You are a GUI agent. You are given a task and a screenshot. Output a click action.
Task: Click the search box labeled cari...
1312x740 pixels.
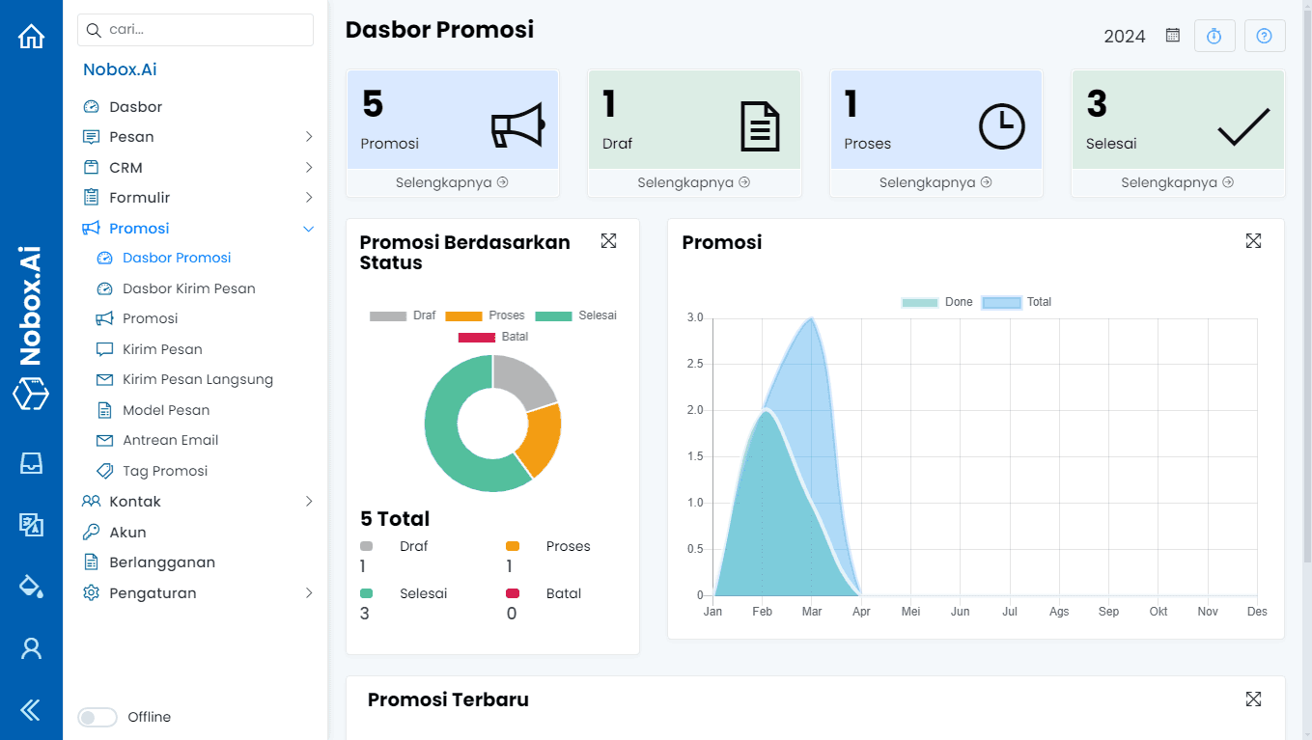point(195,30)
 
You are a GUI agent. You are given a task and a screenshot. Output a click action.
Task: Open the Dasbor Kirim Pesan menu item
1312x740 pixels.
point(188,288)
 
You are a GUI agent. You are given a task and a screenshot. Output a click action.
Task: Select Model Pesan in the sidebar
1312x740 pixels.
point(166,410)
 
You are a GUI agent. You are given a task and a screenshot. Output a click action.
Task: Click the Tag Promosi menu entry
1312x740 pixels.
point(165,471)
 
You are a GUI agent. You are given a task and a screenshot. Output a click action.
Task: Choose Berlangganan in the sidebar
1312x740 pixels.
point(162,562)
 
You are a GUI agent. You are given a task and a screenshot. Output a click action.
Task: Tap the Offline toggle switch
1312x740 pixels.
point(98,717)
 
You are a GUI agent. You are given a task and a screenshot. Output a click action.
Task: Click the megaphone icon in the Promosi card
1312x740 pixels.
point(517,126)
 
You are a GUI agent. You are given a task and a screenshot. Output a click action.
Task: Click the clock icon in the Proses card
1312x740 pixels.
point(1002,126)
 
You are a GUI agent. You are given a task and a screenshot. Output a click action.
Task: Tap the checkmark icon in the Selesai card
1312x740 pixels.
point(1243,126)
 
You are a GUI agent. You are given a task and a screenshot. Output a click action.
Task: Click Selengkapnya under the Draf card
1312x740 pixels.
point(694,182)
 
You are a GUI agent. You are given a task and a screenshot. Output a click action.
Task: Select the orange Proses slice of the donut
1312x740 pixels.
point(539,439)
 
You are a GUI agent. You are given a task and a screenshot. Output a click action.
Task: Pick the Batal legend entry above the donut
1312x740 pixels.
point(494,337)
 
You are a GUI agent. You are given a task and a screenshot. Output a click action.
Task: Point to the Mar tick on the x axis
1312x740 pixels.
point(812,612)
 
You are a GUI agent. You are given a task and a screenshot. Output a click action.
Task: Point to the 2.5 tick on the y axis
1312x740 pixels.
point(694,364)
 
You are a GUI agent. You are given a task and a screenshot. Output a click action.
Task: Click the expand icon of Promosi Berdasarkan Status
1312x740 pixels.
point(608,241)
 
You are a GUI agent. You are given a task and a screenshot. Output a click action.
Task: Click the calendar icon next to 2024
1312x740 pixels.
point(1173,36)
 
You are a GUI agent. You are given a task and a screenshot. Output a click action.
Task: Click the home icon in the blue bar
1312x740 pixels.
point(32,37)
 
